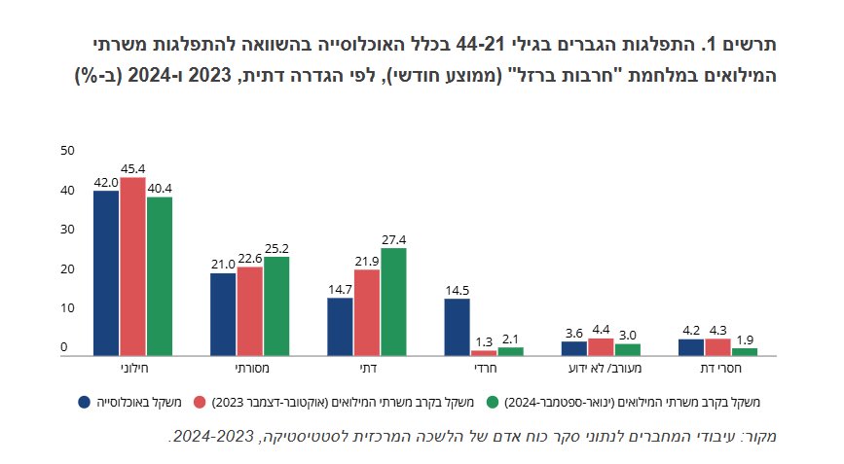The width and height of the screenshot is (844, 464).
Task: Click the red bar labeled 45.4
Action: click(133, 267)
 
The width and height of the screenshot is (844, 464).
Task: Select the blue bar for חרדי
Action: click(457, 328)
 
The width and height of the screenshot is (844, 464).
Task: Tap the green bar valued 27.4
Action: click(394, 303)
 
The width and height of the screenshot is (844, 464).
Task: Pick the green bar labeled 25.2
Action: click(276, 306)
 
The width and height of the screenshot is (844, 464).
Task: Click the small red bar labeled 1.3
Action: click(484, 353)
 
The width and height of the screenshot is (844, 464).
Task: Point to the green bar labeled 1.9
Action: click(745, 352)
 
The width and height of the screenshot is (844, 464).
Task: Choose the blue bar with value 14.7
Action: click(340, 327)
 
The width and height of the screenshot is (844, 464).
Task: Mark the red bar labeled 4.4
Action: click(602, 347)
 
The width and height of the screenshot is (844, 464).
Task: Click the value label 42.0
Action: click(106, 183)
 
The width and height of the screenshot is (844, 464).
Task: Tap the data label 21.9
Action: click(367, 262)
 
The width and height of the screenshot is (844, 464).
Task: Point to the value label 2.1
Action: click(510, 339)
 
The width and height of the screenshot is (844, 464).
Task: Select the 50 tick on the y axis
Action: click(67, 151)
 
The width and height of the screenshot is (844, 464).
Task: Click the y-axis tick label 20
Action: click(67, 268)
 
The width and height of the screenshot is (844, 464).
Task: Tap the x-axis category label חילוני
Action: click(133, 369)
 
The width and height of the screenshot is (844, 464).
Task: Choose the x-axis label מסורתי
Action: click(252, 369)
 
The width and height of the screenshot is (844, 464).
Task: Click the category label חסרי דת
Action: click(720, 369)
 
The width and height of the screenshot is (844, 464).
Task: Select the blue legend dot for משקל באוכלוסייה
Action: click(85, 402)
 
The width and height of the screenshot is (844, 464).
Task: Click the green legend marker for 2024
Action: click(493, 402)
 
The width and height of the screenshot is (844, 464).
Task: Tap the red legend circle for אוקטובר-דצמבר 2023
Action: click(200, 402)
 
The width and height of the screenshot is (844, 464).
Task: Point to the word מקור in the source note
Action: click(762, 436)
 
